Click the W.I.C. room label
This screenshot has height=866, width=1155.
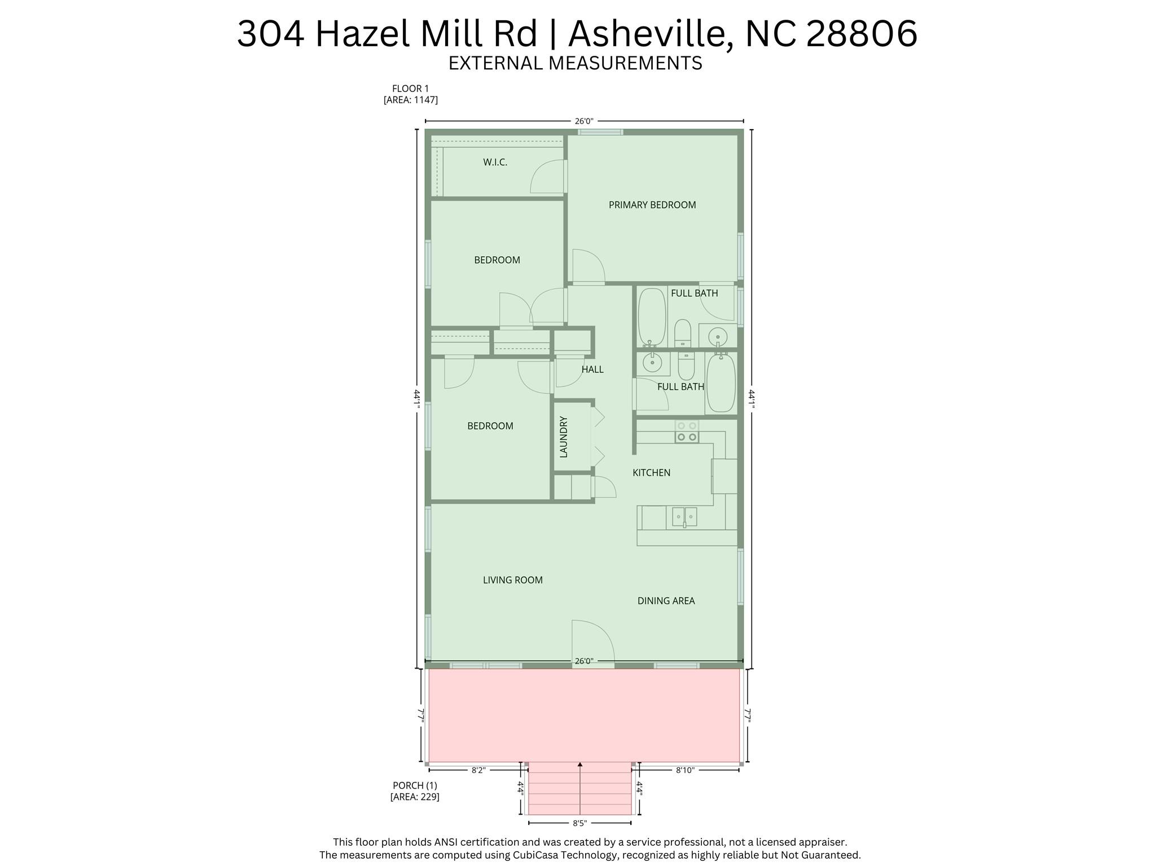(x=495, y=162)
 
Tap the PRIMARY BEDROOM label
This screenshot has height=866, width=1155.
(x=652, y=205)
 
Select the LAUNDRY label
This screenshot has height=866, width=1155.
(x=564, y=437)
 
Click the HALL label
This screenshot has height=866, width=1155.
(x=592, y=370)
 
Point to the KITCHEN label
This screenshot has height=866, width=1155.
(x=651, y=473)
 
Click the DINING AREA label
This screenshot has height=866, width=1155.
(x=666, y=601)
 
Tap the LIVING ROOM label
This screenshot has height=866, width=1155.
(x=512, y=580)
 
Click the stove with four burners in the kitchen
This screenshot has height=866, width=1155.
(x=687, y=432)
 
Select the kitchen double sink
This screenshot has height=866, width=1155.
(x=684, y=516)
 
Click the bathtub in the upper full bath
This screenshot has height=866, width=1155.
(x=652, y=317)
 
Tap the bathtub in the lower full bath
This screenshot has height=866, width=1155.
(x=721, y=383)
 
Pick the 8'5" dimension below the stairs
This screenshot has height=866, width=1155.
(x=579, y=823)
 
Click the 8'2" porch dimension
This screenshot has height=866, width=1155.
(x=478, y=770)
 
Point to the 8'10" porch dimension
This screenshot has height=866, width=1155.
(x=684, y=770)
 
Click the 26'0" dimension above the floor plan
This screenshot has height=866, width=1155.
(x=583, y=121)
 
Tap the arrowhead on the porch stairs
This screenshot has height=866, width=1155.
(x=580, y=764)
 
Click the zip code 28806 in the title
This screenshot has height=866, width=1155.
(x=862, y=34)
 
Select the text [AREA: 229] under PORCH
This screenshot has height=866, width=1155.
(x=415, y=797)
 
